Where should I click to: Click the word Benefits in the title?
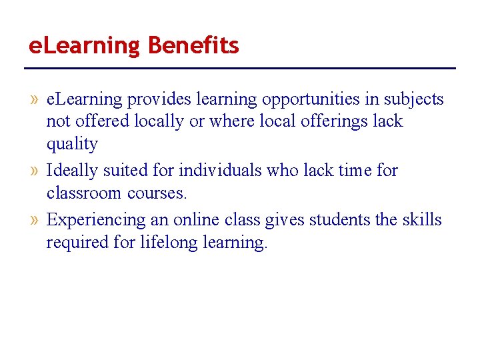pos(193,46)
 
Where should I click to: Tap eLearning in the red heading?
pos(84,46)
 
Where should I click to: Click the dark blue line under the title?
pos(240,68)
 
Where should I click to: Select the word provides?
pos(158,100)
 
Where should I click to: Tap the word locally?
pos(160,122)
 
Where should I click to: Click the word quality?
pos(72,145)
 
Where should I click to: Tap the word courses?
pos(157,193)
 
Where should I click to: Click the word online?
pos(195,219)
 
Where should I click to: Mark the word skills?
pos(422,219)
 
